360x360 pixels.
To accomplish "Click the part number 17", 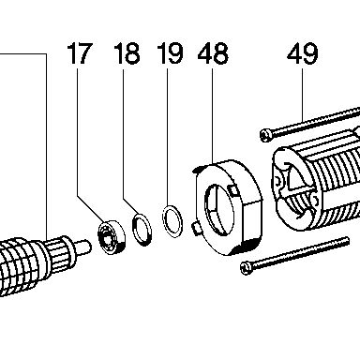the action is click(x=80, y=53).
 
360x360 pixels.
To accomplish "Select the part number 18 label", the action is click(x=127, y=53).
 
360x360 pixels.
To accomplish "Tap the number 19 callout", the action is click(x=170, y=53).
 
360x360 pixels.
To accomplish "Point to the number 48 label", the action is click(x=213, y=53).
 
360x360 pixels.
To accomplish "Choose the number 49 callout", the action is click(x=303, y=53).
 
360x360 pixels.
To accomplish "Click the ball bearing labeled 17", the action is click(x=112, y=237).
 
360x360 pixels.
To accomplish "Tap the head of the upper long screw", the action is click(x=266, y=135).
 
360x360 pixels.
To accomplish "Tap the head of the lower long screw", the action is click(x=247, y=268).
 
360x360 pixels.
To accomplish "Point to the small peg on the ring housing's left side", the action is click(x=196, y=228).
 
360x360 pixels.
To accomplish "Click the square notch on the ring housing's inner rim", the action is click(x=233, y=190).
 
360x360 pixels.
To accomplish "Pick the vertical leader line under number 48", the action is click(x=213, y=115).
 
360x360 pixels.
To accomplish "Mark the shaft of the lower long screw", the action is click(x=301, y=252).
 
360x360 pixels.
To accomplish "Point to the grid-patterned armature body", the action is click(x=19, y=265).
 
